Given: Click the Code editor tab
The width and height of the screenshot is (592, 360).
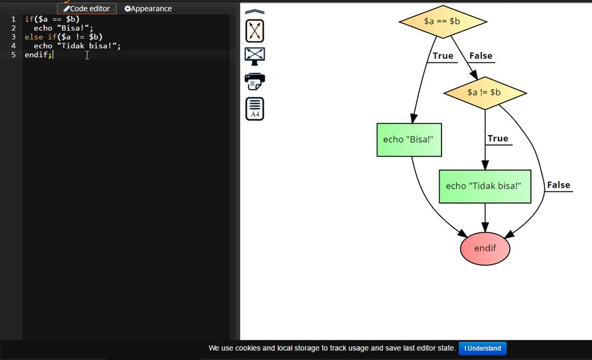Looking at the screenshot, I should pyautogui.click(x=87, y=9).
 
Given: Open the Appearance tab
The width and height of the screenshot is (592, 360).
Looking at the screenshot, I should pyautogui.click(x=148, y=9).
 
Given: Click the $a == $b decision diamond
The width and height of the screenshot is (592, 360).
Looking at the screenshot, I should pyautogui.click(x=443, y=21).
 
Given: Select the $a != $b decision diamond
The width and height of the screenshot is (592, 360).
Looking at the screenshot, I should pyautogui.click(x=484, y=92).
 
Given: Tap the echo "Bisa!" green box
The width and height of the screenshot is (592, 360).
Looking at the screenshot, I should pyautogui.click(x=409, y=139).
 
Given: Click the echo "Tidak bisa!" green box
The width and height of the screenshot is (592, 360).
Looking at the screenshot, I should pyautogui.click(x=484, y=186).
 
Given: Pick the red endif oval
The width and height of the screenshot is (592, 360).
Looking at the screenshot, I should pyautogui.click(x=485, y=248).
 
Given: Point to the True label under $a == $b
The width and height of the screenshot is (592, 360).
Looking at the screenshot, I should pyautogui.click(x=443, y=56).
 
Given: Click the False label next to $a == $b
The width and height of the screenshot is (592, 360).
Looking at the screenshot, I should pyautogui.click(x=481, y=56).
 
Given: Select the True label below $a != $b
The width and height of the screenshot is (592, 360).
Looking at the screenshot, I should pyautogui.click(x=498, y=138).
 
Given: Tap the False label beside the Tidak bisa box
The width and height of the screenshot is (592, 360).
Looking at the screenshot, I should pyautogui.click(x=558, y=185).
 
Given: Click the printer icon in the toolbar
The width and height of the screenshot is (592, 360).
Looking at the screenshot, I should pyautogui.click(x=254, y=81).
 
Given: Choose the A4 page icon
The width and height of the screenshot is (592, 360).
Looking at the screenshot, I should pyautogui.click(x=254, y=108).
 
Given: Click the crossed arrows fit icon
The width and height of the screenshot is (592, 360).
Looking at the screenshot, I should pyautogui.click(x=254, y=30).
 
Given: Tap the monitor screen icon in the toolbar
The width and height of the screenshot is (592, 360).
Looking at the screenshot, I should pyautogui.click(x=254, y=55).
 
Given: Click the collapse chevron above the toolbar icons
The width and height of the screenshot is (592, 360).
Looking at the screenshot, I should pyautogui.click(x=254, y=11).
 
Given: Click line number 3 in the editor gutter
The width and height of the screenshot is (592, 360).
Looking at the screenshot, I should pyautogui.click(x=13, y=37).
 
